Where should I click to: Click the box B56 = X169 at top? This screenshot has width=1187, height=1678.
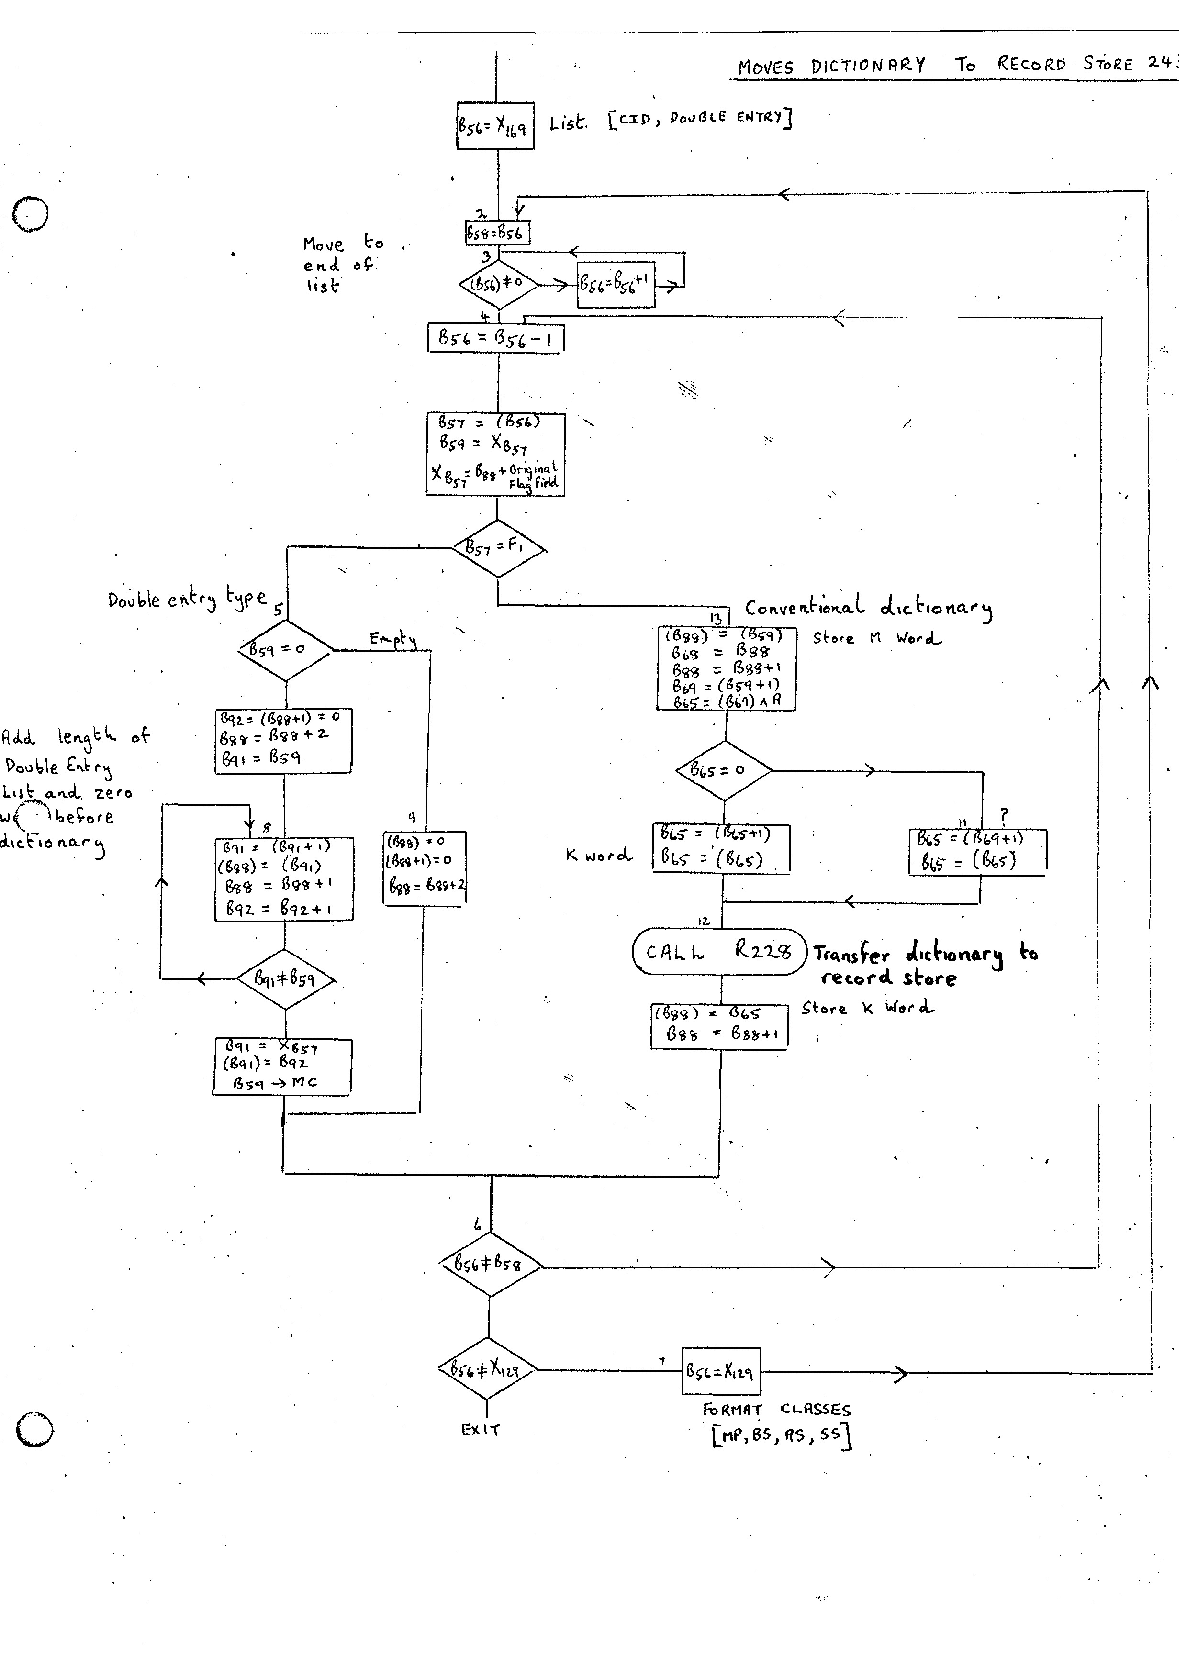495,126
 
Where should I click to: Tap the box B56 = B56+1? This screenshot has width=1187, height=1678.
616,284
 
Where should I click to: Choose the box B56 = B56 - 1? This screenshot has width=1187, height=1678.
495,338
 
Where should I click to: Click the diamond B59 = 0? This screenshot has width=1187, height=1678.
285,649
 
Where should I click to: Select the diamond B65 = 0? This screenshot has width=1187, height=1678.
724,770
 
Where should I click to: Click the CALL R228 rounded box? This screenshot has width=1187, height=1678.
720,952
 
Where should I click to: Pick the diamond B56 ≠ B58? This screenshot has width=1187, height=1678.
490,1264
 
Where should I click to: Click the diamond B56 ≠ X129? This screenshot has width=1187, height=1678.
487,1369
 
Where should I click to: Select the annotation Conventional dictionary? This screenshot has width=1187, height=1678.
868,607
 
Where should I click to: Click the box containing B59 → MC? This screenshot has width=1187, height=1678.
282,1067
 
